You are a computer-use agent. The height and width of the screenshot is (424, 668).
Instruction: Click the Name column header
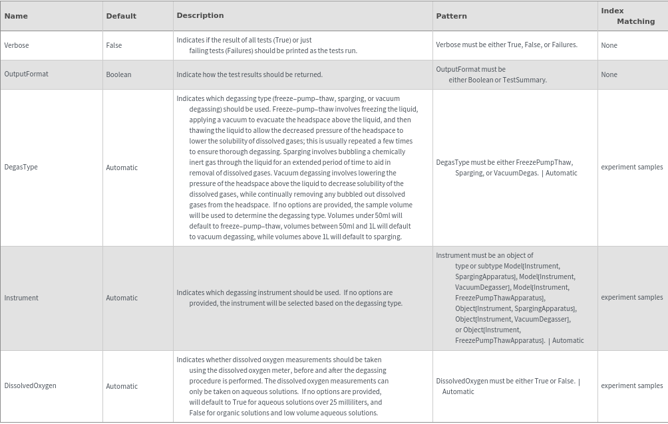(x=16, y=16)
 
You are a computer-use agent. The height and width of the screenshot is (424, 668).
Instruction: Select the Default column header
(x=121, y=16)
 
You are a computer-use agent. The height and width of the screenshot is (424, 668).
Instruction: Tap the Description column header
(x=200, y=15)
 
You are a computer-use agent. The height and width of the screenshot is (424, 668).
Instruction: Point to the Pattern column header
(x=451, y=16)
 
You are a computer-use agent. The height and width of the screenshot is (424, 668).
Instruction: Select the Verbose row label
(x=17, y=45)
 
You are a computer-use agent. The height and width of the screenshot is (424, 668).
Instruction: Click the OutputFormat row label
(x=27, y=74)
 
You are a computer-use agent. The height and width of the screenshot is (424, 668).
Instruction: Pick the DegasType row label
(x=21, y=167)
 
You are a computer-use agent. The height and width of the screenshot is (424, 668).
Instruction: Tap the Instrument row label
(x=21, y=298)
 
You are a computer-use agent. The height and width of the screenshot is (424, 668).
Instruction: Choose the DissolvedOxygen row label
(x=31, y=386)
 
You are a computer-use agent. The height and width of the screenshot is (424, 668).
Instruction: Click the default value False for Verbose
(x=114, y=45)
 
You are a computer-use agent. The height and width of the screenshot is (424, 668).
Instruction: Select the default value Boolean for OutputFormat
(x=118, y=74)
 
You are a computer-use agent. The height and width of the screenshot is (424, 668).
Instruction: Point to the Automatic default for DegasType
(x=122, y=167)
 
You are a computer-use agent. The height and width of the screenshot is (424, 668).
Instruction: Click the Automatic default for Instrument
(x=122, y=298)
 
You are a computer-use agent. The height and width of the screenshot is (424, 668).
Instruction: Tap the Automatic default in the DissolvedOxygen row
(x=122, y=386)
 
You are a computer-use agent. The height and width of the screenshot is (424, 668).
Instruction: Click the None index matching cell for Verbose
(x=609, y=45)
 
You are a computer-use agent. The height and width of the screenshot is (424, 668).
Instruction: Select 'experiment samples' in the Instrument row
(x=631, y=298)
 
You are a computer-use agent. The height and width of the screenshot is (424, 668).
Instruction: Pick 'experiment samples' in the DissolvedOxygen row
(x=631, y=385)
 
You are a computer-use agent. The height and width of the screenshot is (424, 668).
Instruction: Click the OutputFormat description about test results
(x=250, y=74)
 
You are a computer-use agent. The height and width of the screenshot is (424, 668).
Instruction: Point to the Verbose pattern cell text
(x=506, y=45)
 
